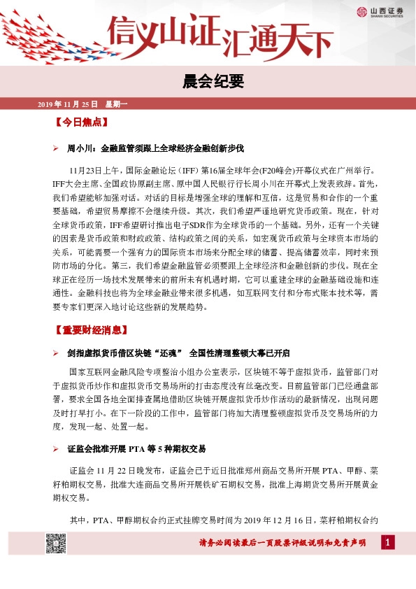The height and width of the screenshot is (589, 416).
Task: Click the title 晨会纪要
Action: (208, 82)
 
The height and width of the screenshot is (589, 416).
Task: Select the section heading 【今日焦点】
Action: (80, 122)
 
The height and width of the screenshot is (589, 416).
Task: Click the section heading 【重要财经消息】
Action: (91, 329)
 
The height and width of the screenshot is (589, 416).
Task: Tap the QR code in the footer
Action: (56, 542)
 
